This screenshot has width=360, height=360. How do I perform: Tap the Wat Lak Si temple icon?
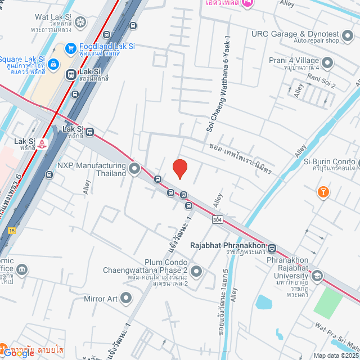point(81,22)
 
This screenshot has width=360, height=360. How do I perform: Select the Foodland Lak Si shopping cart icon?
point(71,49)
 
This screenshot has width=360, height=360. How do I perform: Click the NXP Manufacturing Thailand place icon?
point(134,168)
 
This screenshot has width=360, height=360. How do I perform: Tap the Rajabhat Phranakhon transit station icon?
point(272,248)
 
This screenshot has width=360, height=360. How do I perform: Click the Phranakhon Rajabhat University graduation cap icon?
point(317,276)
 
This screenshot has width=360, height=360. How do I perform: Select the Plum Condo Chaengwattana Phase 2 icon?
point(196,272)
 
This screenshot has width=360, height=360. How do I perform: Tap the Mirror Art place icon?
point(125,298)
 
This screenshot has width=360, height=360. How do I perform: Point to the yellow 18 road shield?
point(12,230)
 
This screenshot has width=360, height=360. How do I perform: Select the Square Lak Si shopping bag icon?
point(53,64)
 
